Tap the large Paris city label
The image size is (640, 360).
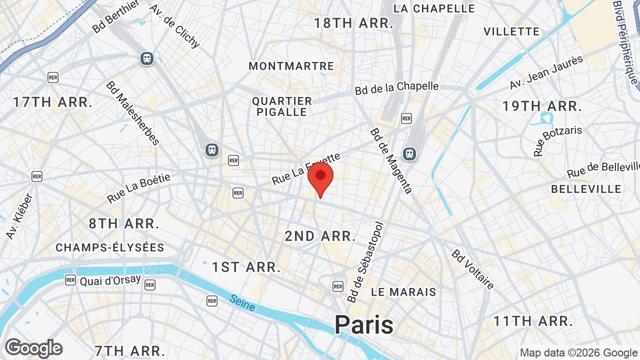(x=364, y=324)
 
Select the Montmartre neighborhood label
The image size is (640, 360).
(x=291, y=66)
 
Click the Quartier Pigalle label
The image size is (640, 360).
(x=282, y=106)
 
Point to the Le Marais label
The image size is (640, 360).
(x=403, y=292)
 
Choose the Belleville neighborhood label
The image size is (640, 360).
(x=586, y=189)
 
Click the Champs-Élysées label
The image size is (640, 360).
(x=110, y=247)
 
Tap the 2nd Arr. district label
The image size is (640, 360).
(x=320, y=236)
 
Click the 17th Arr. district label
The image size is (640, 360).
(x=53, y=102)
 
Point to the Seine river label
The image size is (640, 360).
(x=242, y=302)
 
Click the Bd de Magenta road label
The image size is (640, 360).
(x=391, y=160)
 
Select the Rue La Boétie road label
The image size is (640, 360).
(x=138, y=188)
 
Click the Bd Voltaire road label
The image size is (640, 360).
(x=472, y=269)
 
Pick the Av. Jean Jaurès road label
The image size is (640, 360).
(x=546, y=72)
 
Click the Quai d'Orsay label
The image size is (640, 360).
(x=110, y=280)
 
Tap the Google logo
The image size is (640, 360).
(x=33, y=348)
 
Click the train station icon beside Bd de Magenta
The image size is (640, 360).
(x=409, y=154)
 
